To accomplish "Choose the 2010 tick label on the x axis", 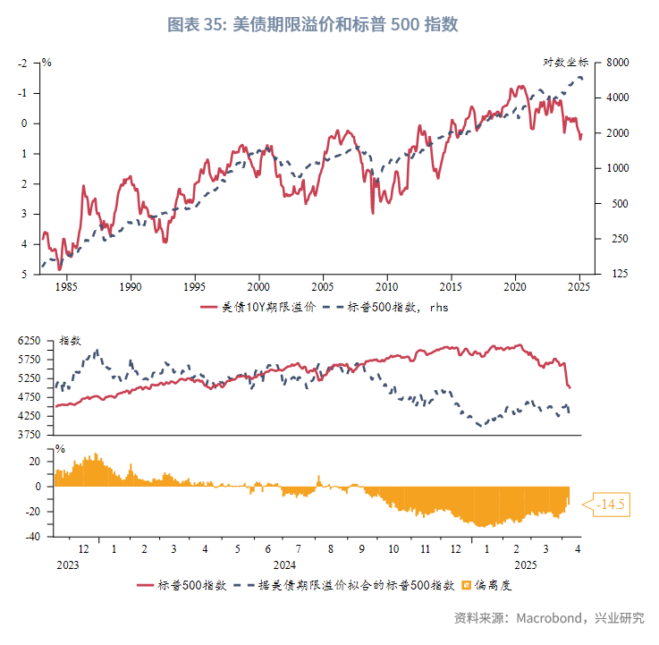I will click(386, 287).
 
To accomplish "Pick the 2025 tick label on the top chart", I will click(579, 287).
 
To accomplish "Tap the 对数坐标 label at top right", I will click(566, 62).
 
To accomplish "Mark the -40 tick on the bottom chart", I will click(31, 537).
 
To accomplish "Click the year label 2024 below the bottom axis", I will click(284, 564).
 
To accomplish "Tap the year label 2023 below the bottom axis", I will click(68, 564).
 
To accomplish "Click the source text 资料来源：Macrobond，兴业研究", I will click(548, 618).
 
